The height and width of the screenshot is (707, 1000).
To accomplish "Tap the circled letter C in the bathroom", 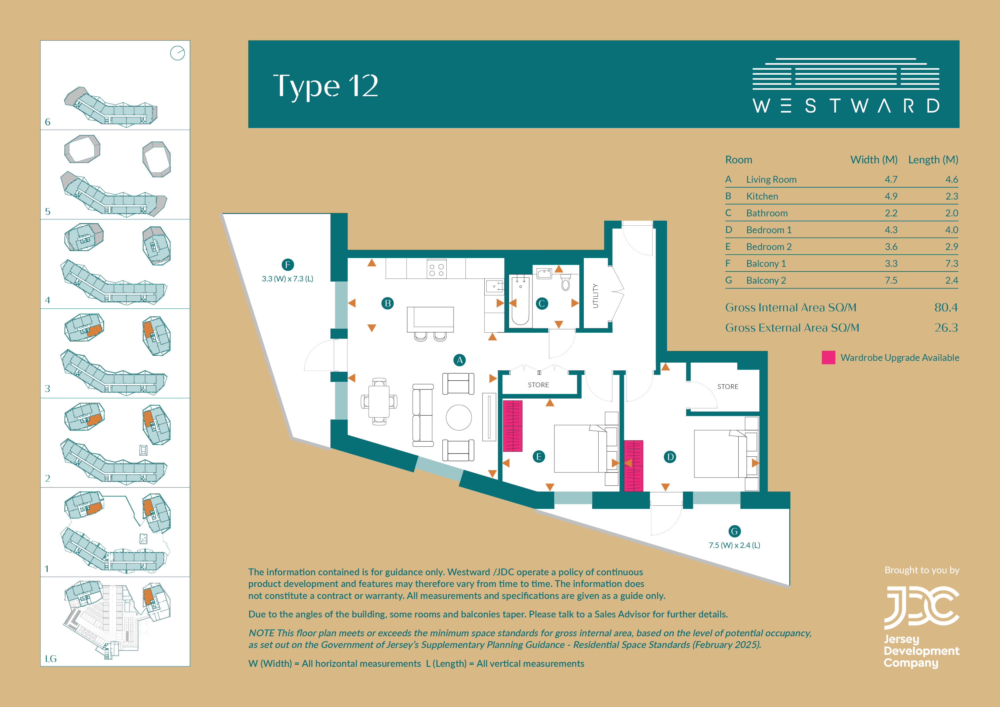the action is coord(542,304).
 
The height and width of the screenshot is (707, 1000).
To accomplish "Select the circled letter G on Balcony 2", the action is coord(734,531).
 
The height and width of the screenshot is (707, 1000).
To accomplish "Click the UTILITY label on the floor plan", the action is coord(595,296).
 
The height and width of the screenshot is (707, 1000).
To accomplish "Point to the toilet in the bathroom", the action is coord(565,282).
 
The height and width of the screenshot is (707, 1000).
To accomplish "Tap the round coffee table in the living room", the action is coord(459,417).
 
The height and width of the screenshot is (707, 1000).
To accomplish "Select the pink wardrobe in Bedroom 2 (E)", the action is coord(513,426).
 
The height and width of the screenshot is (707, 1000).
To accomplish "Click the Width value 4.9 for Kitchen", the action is coord(891,196).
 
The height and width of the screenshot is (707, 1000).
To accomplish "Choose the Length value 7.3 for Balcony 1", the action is coord(951,263).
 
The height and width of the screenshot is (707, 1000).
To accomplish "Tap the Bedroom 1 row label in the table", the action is coord(769,230).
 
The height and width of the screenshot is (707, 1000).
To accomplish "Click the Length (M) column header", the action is coord(933,160).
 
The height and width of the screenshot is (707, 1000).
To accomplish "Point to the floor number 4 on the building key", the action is coord(48,300).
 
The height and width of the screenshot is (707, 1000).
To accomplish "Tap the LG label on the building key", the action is coord(50,659).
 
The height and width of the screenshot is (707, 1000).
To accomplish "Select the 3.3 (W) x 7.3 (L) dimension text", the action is coord(287,279).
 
